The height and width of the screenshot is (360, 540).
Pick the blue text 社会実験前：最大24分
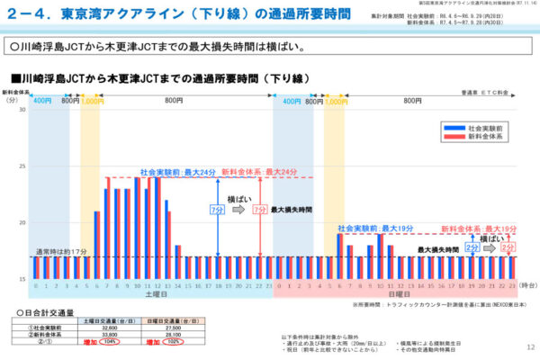tap(177, 171)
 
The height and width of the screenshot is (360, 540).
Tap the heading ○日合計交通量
tap(45, 311)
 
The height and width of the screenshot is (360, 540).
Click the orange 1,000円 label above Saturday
tap(93, 102)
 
